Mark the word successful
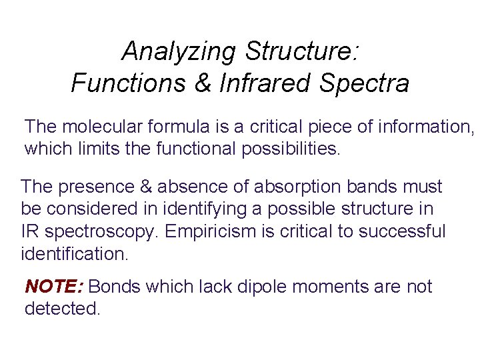[x=405, y=231]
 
